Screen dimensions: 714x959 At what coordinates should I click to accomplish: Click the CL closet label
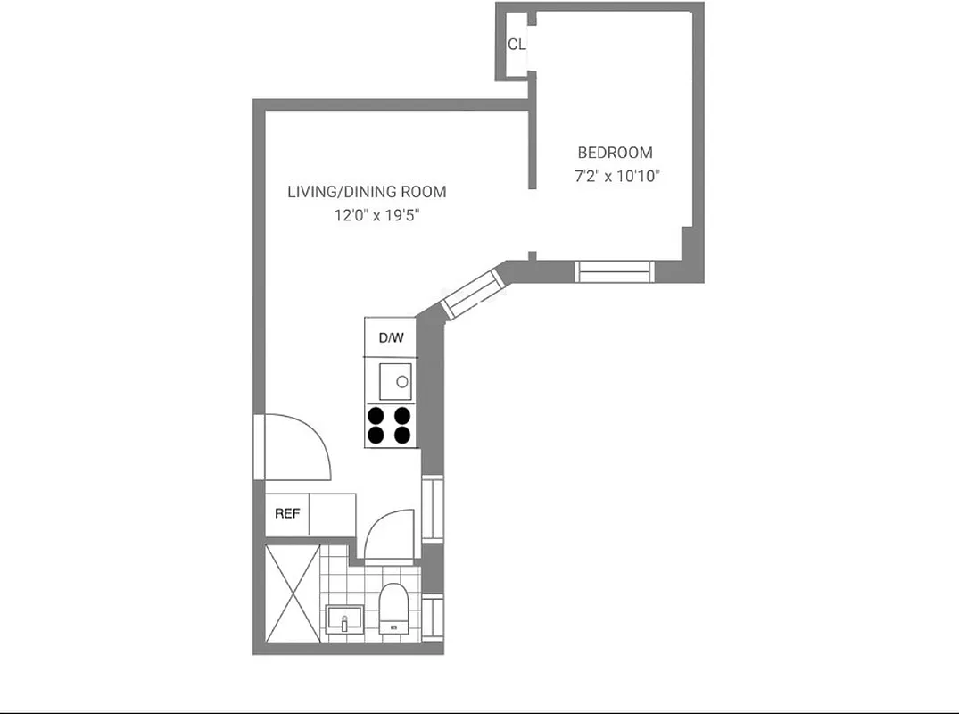516,44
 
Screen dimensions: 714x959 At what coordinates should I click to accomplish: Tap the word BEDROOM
615,153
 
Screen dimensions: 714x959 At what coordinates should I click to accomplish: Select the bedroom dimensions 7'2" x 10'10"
615,177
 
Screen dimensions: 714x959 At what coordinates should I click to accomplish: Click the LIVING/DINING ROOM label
367,192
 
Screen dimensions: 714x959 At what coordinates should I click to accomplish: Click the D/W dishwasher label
391,337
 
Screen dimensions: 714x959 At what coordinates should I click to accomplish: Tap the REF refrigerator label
286,514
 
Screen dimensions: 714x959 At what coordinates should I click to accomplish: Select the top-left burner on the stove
377,415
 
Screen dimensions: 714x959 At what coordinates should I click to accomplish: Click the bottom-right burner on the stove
402,435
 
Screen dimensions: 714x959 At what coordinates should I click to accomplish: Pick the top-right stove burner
402,415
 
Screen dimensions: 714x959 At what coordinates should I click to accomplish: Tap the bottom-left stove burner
377,435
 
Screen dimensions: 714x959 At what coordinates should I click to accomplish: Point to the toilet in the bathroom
393,607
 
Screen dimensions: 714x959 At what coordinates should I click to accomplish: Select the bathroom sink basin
344,618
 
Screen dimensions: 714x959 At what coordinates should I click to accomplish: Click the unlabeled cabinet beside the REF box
332,515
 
